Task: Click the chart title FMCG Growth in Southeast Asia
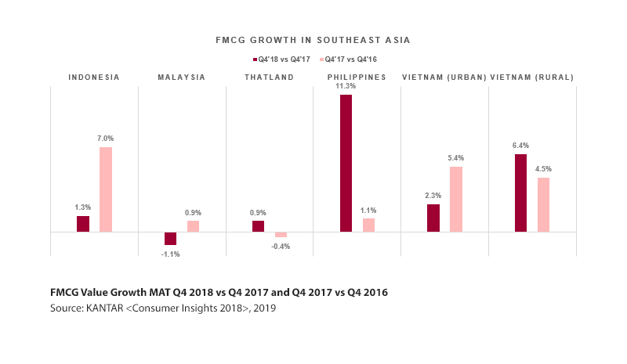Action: [313, 39]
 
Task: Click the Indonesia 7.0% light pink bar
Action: [106, 189]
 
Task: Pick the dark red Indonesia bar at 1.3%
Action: [83, 224]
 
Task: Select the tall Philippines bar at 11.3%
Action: [346, 163]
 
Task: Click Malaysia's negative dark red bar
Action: [170, 239]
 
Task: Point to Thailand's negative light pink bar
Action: [281, 235]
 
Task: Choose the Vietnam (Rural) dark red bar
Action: [521, 193]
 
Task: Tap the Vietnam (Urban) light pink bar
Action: [456, 199]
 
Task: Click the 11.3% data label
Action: [346, 88]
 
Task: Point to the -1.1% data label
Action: [170, 254]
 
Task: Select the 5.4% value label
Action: [456, 158]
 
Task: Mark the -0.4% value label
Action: [281, 246]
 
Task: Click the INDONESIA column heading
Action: [94, 77]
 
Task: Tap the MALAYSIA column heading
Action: [181, 77]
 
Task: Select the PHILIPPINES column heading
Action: [357, 77]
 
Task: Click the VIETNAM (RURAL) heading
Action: [532, 77]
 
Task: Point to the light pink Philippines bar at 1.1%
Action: [368, 225]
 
